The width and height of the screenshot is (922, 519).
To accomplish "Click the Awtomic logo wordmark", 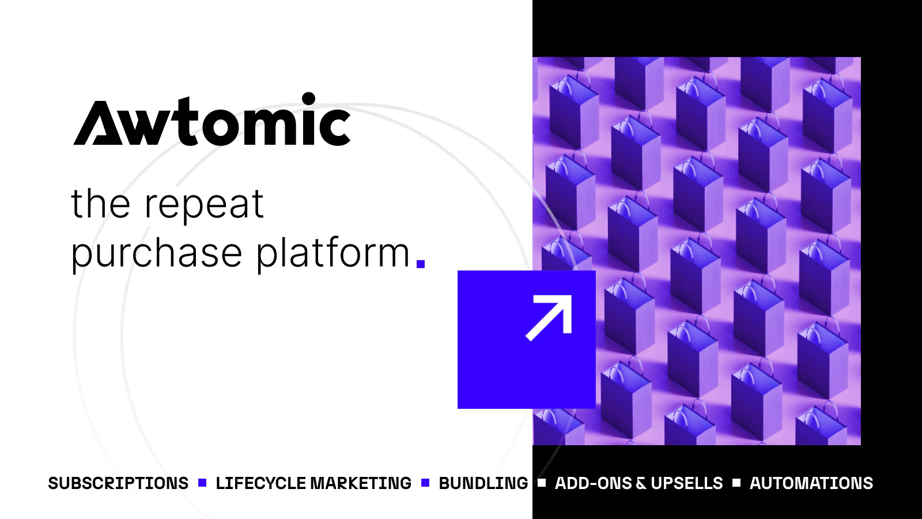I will [x=212, y=121].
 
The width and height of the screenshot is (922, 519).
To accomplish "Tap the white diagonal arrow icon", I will [x=549, y=318].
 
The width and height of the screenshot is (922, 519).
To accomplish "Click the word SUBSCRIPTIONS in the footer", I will [x=118, y=483].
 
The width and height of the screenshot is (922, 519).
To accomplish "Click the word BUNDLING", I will [x=483, y=483].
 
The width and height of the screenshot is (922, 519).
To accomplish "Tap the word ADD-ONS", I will [x=593, y=483].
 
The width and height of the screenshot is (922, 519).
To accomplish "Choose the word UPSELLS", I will [x=686, y=483].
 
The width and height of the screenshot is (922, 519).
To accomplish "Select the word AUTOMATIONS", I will [x=811, y=483].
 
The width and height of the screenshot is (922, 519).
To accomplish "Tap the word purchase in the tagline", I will [x=156, y=254].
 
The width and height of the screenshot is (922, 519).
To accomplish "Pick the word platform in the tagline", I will [x=332, y=254].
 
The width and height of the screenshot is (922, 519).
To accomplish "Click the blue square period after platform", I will [x=421, y=264].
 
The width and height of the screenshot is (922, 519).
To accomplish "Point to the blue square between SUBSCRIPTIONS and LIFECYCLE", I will [x=202, y=483].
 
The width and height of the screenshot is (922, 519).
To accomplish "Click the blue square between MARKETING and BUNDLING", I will [x=425, y=483].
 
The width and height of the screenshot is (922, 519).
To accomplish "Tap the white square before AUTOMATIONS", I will [x=736, y=483].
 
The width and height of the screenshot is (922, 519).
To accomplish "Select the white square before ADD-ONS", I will [x=542, y=483].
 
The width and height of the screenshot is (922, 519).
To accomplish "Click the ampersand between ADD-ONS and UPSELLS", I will [x=641, y=484].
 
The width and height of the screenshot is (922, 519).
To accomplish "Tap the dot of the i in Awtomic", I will [x=309, y=99].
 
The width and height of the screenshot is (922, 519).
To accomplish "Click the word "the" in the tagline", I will [x=100, y=205].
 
